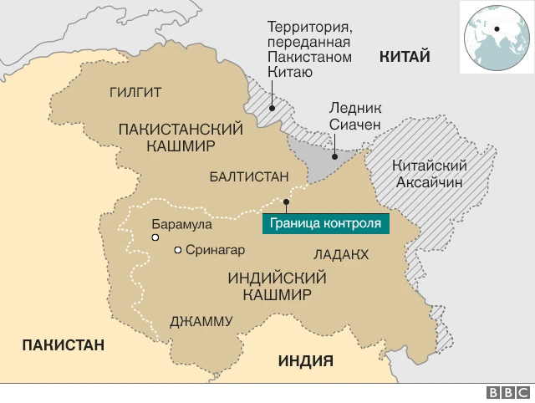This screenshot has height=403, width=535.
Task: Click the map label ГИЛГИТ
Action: click(x=135, y=92)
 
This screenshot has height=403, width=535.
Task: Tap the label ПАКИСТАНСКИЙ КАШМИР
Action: click(x=181, y=137)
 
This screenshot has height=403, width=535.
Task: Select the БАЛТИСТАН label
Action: click(x=248, y=176)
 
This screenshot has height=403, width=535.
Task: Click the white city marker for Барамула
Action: click(x=155, y=238)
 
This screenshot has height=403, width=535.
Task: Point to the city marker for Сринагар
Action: click(x=177, y=250)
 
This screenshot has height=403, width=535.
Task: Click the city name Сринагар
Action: click(x=215, y=250)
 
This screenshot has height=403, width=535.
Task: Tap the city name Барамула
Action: click(x=181, y=224)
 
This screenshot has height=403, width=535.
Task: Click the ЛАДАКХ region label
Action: click(x=340, y=254)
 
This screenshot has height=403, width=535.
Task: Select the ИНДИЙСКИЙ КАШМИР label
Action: click(x=277, y=286)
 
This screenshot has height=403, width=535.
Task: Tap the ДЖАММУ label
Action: click(x=201, y=321)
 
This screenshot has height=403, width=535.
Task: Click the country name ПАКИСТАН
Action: click(x=64, y=344)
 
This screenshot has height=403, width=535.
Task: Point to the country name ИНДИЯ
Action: click(x=305, y=361)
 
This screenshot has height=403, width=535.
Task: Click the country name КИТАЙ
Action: click(x=405, y=57)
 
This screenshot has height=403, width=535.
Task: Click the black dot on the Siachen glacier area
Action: click(x=334, y=156)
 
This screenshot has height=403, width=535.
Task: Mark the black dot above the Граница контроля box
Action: click(x=286, y=201)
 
